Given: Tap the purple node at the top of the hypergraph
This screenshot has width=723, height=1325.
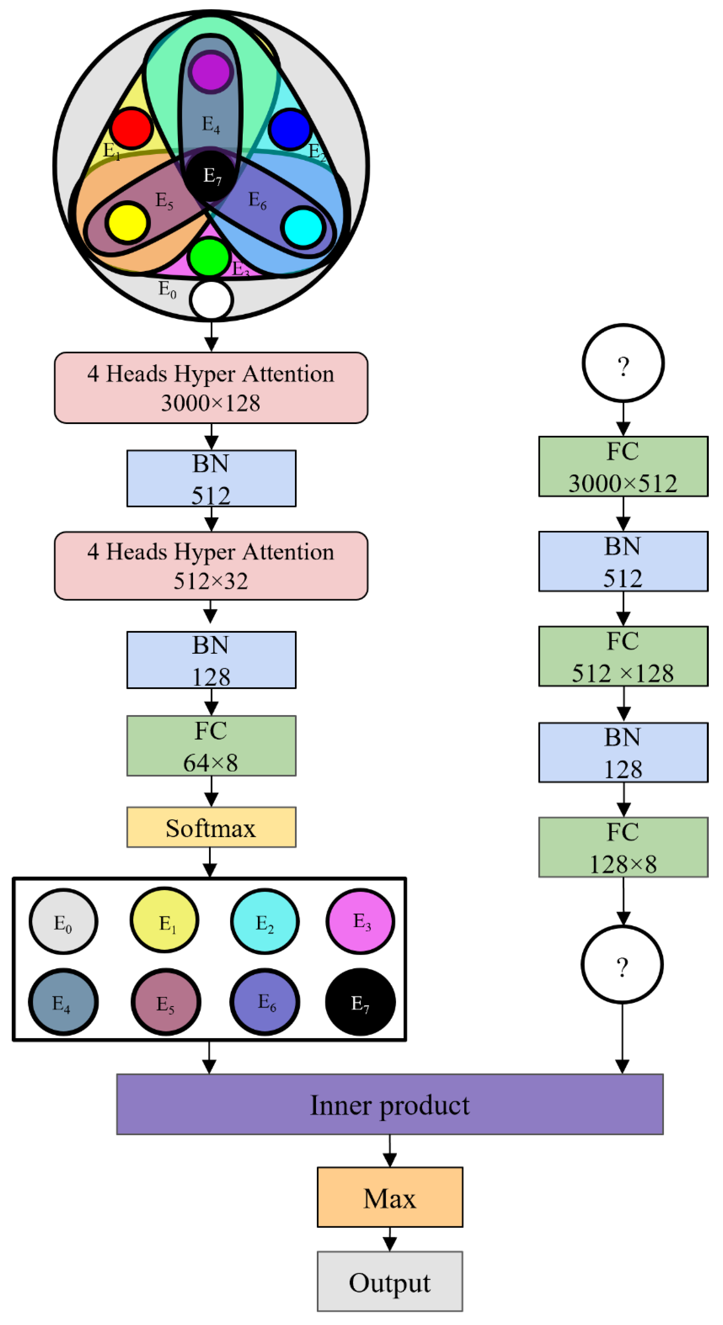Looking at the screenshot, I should (210, 72).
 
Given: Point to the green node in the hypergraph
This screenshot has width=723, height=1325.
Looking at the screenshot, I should (209, 257).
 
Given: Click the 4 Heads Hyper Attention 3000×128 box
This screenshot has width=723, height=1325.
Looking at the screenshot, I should (211, 388).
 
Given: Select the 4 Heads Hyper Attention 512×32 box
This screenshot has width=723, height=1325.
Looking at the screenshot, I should (211, 566).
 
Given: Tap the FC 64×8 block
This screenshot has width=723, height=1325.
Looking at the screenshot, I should (211, 746).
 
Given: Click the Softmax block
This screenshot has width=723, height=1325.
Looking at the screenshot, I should (211, 827).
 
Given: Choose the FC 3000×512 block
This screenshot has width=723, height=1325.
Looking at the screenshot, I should (623, 467).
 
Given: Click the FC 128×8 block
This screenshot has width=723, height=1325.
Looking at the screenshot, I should (623, 847).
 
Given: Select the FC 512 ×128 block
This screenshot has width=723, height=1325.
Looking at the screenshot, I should (623, 656).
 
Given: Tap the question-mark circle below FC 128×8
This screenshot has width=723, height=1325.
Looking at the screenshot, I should (622, 965).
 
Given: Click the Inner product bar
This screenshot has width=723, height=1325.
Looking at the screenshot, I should (389, 1104).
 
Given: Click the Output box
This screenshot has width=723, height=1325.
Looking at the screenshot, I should (389, 1281).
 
